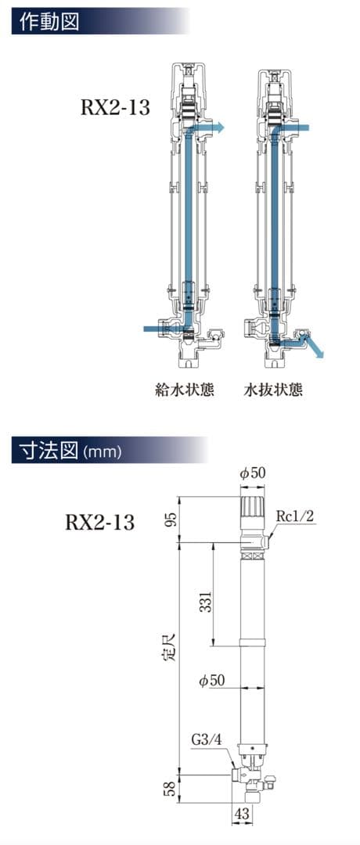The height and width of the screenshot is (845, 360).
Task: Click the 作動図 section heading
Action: coord(49,20)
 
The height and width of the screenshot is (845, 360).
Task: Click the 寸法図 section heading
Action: coord(48,451)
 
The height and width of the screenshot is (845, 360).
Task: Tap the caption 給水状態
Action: coord(185,389)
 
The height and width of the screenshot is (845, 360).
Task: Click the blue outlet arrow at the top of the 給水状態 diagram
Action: coord(210,128)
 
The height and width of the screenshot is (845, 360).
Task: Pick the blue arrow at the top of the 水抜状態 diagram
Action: coord(299,128)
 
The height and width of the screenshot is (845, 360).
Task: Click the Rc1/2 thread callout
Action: coord(295,516)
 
